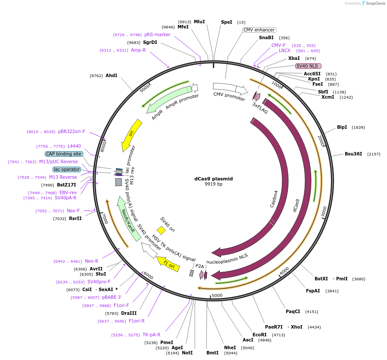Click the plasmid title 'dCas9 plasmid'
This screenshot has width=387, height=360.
[x=213, y=179]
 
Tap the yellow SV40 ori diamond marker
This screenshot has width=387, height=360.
[x=161, y=230]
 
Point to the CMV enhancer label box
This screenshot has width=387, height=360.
[x=259, y=30]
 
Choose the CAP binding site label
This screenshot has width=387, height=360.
[x=64, y=154]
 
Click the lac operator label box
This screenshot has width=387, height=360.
[x=67, y=169]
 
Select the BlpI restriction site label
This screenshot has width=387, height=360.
[x=342, y=127]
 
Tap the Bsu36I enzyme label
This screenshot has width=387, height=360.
[x=353, y=154]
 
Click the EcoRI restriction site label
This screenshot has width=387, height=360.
[x=259, y=335]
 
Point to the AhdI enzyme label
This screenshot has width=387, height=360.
[x=111, y=75]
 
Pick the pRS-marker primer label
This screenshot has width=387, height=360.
[x=157, y=34]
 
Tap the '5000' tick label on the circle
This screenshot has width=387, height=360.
[x=217, y=295]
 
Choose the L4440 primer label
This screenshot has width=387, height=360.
[x=74, y=146]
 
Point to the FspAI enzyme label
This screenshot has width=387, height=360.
[x=313, y=291]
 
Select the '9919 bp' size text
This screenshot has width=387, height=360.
[x=213, y=184]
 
